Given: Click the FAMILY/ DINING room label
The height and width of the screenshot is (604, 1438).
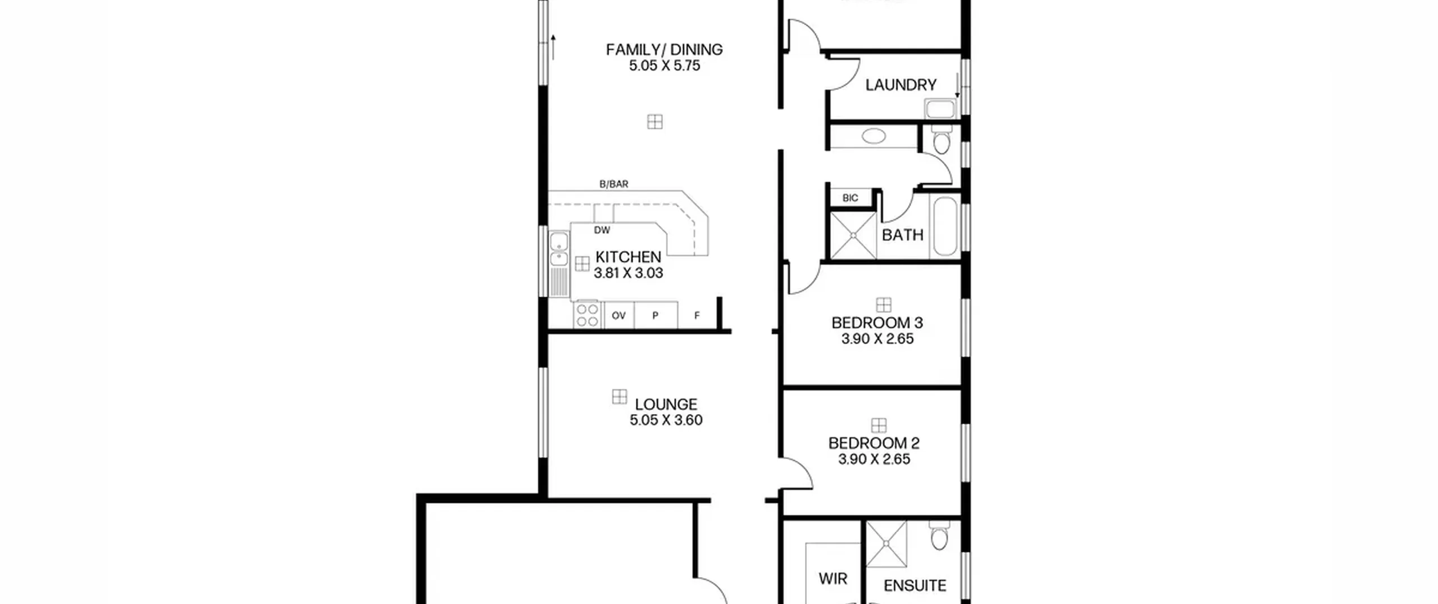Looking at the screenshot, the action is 664,49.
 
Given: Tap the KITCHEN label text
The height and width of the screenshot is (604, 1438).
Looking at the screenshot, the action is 628,257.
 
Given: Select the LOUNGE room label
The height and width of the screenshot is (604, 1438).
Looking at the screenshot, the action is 666,404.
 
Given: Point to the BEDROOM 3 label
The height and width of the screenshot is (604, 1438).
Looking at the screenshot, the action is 877,323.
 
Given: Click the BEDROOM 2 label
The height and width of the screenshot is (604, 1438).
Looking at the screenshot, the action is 874,443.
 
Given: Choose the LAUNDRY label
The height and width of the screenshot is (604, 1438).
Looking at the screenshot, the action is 901,85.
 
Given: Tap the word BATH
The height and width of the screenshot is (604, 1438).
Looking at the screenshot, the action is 903,234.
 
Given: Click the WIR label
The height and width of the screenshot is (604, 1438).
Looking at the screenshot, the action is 832,578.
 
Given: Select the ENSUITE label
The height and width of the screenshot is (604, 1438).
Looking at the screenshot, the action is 915,585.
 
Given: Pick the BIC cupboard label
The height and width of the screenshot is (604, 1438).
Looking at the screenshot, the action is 850,198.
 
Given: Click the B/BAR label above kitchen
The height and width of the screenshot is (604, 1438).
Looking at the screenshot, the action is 614,184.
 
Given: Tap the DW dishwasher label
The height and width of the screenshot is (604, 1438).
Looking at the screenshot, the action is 602,230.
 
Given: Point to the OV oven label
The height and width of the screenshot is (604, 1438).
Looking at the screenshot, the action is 618,316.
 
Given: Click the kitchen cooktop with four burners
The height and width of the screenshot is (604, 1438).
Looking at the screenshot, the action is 587,315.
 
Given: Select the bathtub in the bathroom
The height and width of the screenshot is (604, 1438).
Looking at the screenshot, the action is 945,226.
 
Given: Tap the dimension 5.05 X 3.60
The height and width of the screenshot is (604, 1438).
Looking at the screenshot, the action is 666,420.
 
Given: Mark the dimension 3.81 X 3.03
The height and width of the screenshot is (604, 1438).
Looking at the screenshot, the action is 628,273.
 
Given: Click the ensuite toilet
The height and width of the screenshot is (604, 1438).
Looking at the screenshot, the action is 939,535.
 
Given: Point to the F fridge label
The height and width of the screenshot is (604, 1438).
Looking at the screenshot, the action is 697,316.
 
